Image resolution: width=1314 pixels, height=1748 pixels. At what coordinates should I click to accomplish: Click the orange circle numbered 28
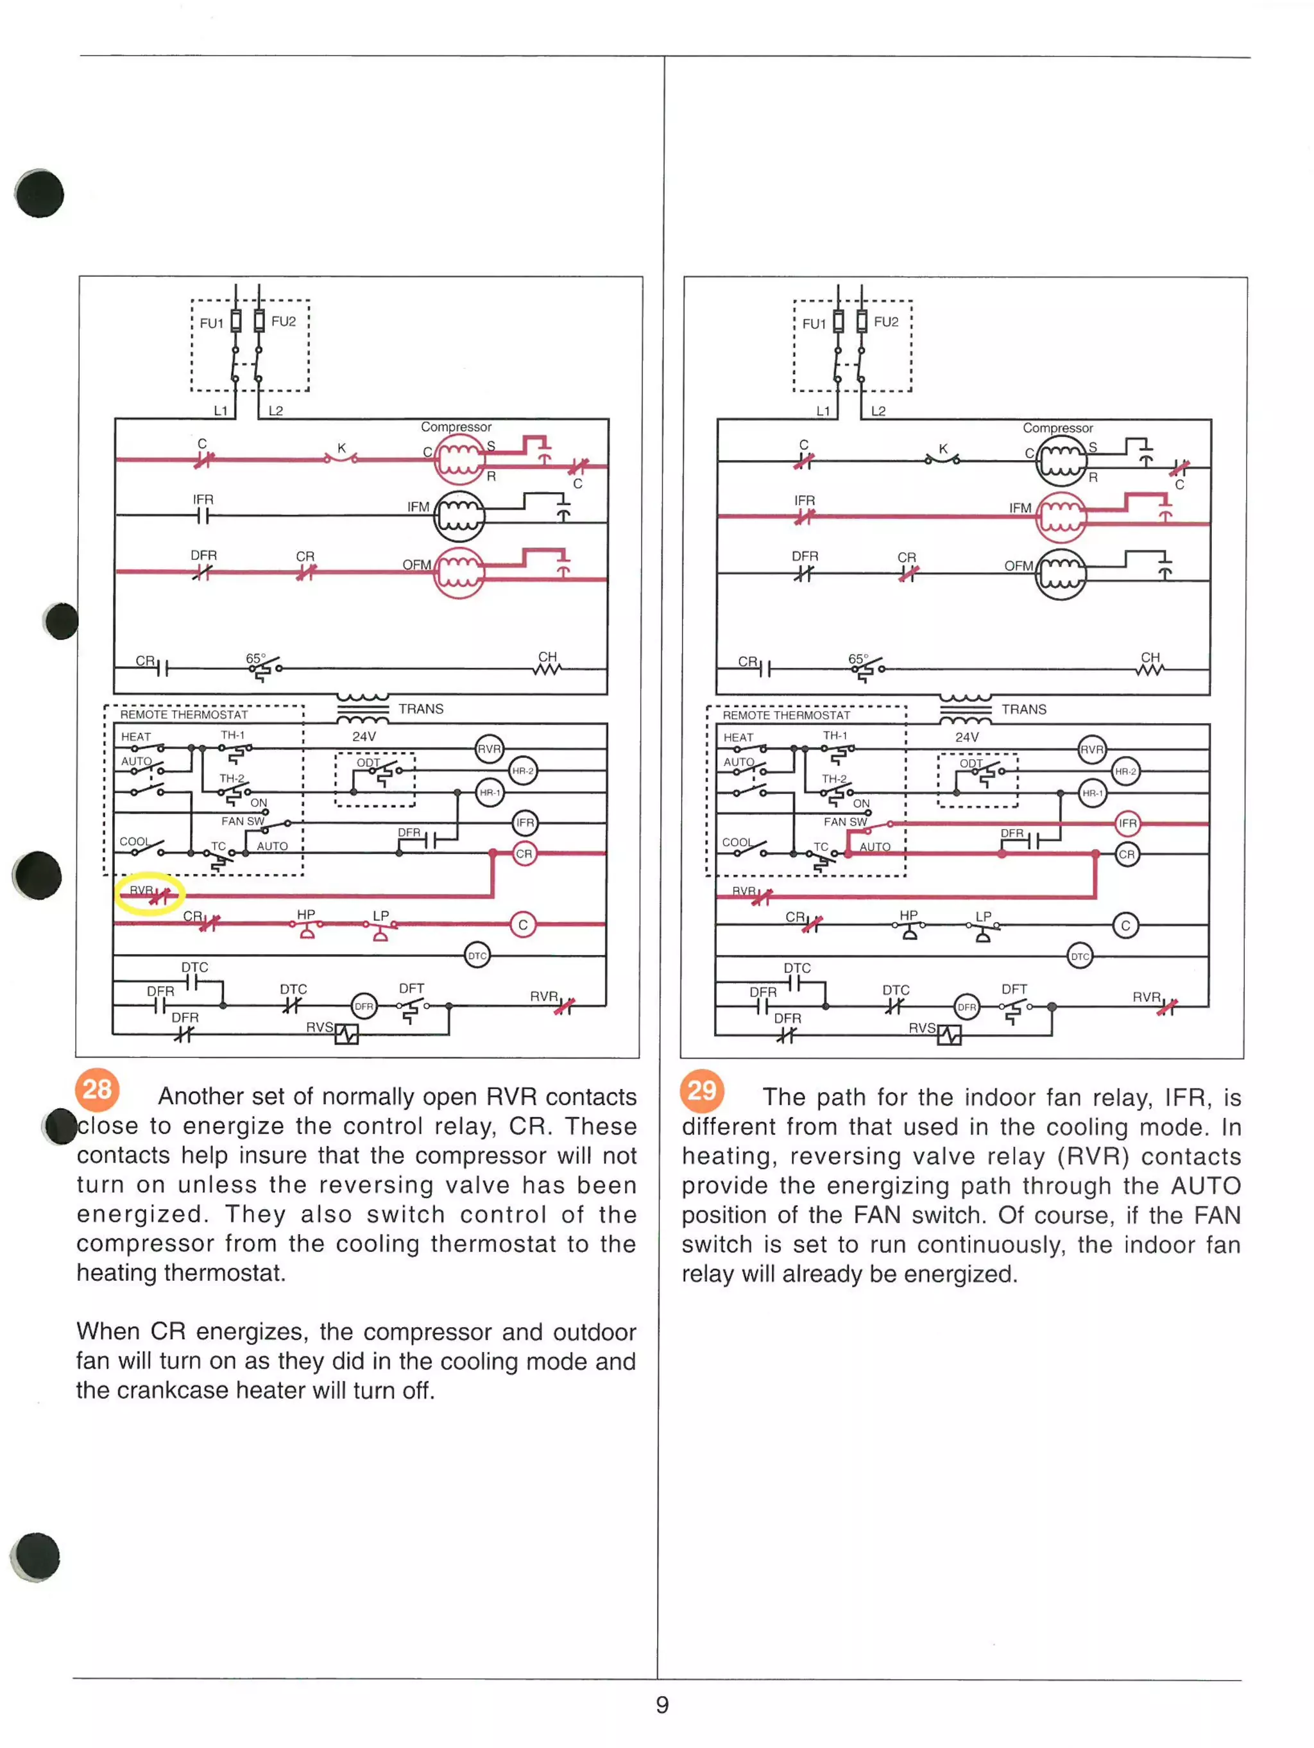pos(97,1089)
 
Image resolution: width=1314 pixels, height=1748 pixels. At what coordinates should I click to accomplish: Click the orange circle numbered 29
pos(701,1090)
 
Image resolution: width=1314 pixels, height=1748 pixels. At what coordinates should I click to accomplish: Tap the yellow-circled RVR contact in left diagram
pos(150,894)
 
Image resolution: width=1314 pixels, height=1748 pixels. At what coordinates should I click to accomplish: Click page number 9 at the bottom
pos(662,1704)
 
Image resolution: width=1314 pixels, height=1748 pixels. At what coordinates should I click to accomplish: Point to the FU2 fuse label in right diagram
pos(886,321)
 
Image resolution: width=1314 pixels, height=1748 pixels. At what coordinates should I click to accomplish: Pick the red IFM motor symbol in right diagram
pos(1061,517)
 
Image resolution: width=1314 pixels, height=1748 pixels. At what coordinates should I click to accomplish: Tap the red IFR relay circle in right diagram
pos(1127,823)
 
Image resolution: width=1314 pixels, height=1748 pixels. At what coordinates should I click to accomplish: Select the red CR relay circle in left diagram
pos(524,853)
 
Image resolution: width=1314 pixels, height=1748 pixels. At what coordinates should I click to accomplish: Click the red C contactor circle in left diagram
pos(522,925)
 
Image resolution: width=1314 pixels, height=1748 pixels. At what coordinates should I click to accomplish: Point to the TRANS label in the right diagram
pos(1023,709)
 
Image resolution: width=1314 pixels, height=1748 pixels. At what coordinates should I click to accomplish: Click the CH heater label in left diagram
pos(547,656)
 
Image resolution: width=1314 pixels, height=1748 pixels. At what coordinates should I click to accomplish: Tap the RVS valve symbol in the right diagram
pos(949,1034)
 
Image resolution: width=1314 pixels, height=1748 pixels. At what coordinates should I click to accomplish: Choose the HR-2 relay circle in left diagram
pos(522,771)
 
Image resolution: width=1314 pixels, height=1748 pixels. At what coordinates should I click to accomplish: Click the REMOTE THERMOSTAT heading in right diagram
pos(785,715)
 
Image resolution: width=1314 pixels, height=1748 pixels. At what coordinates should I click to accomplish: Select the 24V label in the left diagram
pos(363,735)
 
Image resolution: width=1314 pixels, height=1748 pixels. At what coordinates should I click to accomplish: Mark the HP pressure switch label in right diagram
pos(908,915)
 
